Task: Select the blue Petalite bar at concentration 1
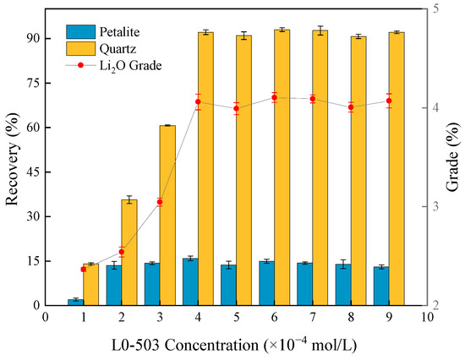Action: [x=75, y=302]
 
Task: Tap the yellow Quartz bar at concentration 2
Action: [x=129, y=253]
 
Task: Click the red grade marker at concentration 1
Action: [x=83, y=269]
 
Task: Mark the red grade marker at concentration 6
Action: [x=274, y=97]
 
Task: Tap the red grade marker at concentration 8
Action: [x=351, y=107]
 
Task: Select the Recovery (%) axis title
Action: [x=11, y=157]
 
